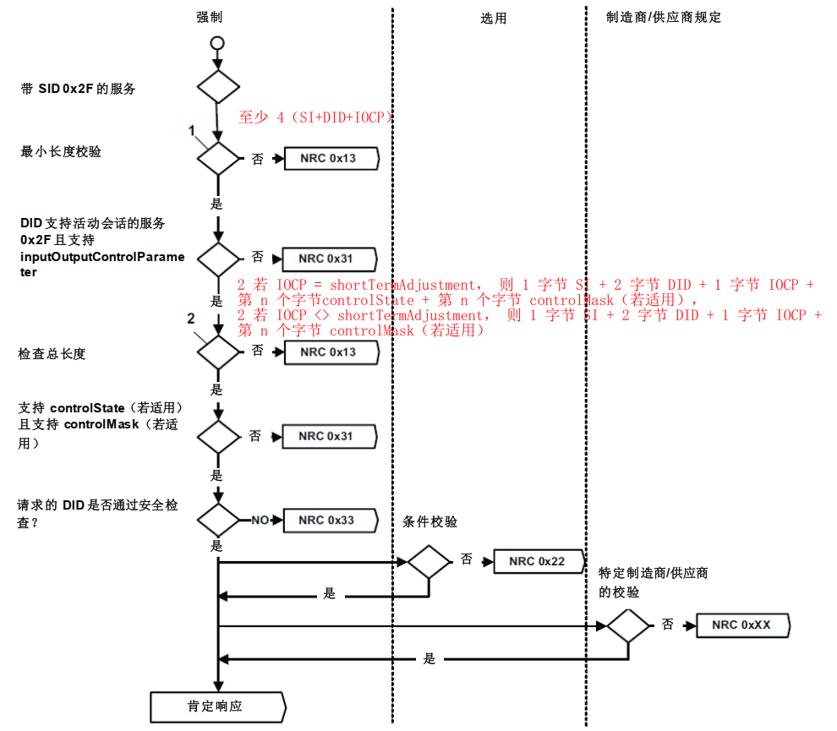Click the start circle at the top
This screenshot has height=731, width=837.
[x=218, y=42]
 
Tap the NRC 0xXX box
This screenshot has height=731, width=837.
[x=741, y=625]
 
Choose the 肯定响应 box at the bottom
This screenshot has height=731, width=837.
[x=216, y=706]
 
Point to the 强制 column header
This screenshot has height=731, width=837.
[x=210, y=17]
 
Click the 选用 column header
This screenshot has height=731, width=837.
[x=494, y=18]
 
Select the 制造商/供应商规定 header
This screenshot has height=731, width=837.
[x=664, y=17]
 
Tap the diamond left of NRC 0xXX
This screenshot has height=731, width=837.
[x=628, y=626]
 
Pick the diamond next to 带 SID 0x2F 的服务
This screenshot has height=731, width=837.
[x=218, y=86]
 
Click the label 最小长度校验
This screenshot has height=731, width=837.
[x=61, y=151]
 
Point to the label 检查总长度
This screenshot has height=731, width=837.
[x=52, y=354]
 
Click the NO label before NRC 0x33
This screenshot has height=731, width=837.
[x=260, y=521]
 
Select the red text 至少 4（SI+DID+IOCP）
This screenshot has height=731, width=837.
[x=315, y=117]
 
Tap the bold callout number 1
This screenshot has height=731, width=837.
[x=192, y=131]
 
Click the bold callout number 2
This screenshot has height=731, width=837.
[x=191, y=319]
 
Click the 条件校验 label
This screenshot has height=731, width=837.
[x=430, y=522]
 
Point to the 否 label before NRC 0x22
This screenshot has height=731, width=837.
[x=466, y=559]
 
